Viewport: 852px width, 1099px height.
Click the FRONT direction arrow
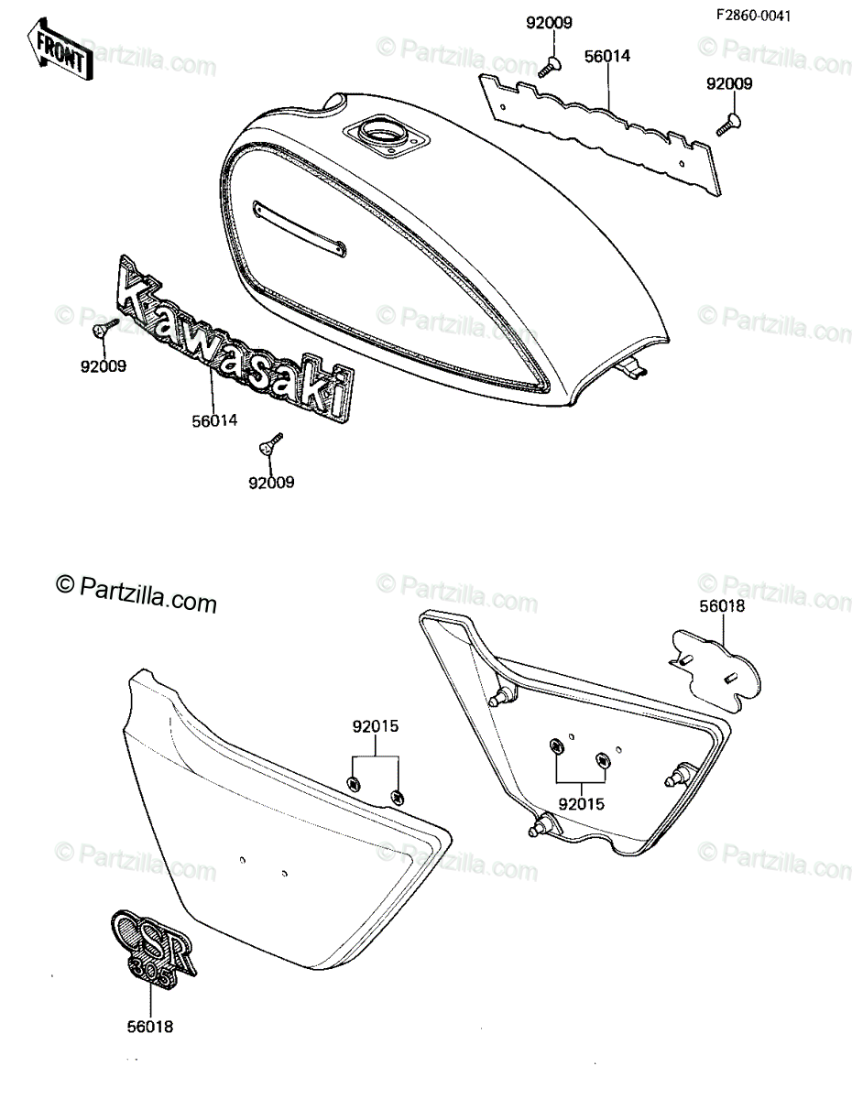pyautogui.click(x=60, y=49)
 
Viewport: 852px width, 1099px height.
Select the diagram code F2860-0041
pyautogui.click(x=753, y=16)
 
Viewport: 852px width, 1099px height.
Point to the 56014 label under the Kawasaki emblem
pyautogui.click(x=214, y=420)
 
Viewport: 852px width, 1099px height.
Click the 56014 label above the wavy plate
pyautogui.click(x=607, y=56)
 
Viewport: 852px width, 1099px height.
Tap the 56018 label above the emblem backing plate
pyautogui.click(x=722, y=606)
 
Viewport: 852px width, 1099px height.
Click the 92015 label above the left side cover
pyautogui.click(x=376, y=726)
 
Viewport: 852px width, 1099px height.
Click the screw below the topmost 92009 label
pyautogui.click(x=548, y=67)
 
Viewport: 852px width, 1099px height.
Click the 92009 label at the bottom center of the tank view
pyautogui.click(x=271, y=483)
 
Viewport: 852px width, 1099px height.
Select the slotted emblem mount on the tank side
pyautogui.click(x=300, y=228)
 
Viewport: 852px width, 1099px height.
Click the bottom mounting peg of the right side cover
pyautogui.click(x=542, y=828)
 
